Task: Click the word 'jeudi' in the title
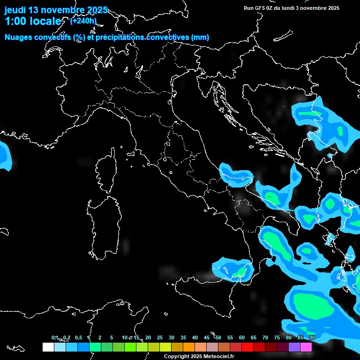[x=15, y=10]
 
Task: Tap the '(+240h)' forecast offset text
[x=83, y=21]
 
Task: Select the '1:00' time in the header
[x=15, y=21]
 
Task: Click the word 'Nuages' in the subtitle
[x=19, y=37]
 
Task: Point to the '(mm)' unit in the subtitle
[x=200, y=37]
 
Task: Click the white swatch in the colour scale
[x=48, y=347]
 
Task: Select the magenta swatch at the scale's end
[x=306, y=347]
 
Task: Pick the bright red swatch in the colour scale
[x=247, y=347]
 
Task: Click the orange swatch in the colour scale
[x=189, y=347]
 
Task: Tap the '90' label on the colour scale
[x=312, y=337]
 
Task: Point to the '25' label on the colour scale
[x=160, y=337]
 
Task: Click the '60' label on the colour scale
[x=242, y=337]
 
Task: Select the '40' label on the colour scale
[x=195, y=337]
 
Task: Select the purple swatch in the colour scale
[x=294, y=347]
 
